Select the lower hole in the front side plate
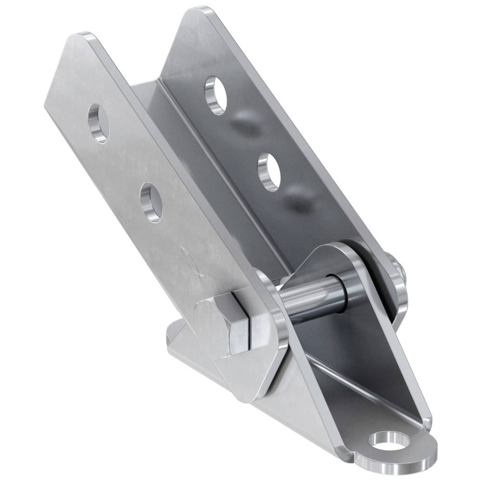coord(151,202)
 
